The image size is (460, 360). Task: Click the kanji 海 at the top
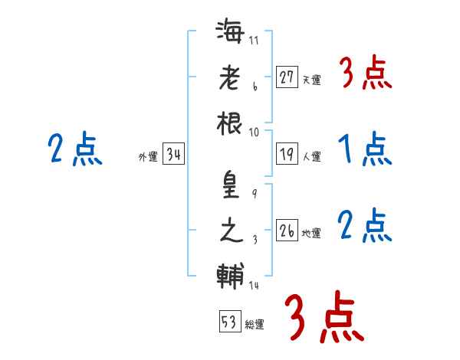230,31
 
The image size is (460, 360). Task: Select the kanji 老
230,77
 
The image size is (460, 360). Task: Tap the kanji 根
229,123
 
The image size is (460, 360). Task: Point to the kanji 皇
231,185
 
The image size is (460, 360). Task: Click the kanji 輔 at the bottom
230,277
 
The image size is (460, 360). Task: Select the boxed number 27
287,77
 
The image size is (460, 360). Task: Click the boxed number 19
287,154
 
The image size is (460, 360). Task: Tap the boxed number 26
287,230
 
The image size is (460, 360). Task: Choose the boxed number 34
173,154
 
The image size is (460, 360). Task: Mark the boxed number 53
230,321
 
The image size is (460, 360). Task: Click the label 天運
311,80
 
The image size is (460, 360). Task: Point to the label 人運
311,156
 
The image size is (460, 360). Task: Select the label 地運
311,233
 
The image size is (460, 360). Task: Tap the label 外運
148,156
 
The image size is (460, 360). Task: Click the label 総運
255,324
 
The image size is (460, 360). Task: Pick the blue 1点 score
365,149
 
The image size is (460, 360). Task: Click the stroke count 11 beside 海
254,40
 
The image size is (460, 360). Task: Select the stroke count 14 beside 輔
254,285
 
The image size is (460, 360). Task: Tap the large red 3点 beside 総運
324,317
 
